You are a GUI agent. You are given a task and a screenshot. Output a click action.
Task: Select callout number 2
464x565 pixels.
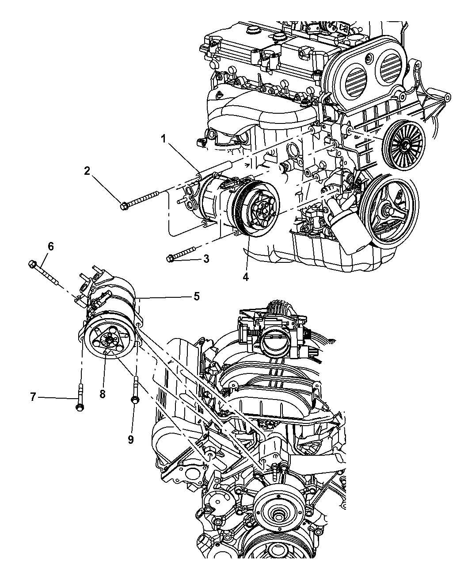(x=87, y=171)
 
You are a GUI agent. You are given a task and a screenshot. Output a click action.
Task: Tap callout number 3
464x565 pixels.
(x=206, y=259)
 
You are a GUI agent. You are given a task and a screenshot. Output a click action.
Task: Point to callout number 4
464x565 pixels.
(x=245, y=277)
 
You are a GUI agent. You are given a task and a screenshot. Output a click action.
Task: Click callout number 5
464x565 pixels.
(x=196, y=296)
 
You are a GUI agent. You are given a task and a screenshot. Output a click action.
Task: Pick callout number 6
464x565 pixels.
(x=51, y=246)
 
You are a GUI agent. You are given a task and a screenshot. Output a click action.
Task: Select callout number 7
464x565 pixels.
(x=33, y=397)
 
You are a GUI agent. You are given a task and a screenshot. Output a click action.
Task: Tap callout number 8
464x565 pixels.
(x=103, y=393)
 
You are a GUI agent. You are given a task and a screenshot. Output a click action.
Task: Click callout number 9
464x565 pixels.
(x=131, y=439)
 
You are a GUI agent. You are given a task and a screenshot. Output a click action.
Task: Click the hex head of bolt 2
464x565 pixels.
(x=124, y=205)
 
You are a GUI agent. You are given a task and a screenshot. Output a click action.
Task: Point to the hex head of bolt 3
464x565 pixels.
(x=170, y=258)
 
